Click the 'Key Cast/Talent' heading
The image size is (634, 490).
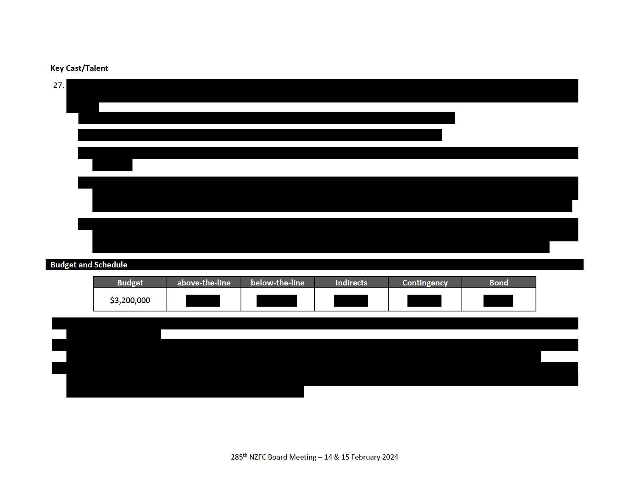[79, 68]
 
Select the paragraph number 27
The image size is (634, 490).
[58, 85]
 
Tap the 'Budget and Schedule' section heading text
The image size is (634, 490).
[89, 265]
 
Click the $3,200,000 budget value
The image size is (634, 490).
[130, 300]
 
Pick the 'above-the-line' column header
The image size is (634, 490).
[204, 283]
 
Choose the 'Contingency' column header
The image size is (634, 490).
[425, 283]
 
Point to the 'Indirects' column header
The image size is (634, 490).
[351, 283]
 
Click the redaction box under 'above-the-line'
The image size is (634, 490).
[203, 301]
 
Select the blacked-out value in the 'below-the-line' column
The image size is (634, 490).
[277, 301]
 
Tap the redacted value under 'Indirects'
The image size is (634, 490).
[351, 301]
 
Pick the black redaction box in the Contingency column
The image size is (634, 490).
[424, 301]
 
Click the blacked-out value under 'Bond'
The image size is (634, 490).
[498, 301]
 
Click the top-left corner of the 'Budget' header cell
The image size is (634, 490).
[93, 277]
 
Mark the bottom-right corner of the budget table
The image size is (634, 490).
[536, 311]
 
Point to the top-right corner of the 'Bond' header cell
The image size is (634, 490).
[536, 277]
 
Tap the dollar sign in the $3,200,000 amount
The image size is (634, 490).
[112, 300]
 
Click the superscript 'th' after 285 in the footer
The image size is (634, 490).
[245, 455]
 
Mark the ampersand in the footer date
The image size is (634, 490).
[337, 457]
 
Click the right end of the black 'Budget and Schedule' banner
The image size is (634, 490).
[583, 265]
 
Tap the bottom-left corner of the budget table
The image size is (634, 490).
[93, 311]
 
